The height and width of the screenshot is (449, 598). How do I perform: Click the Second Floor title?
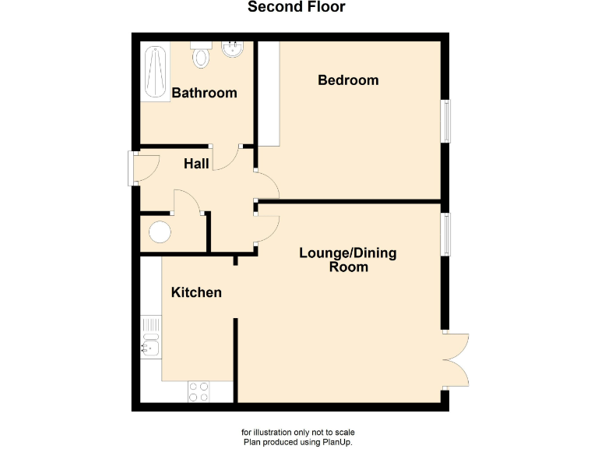click(296, 8)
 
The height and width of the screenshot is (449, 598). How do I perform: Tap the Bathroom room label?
click(204, 93)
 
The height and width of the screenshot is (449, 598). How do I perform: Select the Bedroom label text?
click(348, 80)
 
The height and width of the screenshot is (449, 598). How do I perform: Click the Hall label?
click(196, 164)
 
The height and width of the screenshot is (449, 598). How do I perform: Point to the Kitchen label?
click(196, 292)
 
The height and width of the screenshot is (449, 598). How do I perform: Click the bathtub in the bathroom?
click(155, 73)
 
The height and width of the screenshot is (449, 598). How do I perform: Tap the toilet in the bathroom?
click(202, 54)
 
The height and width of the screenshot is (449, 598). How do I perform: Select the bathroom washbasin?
click(232, 51)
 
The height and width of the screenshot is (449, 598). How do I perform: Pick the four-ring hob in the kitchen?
click(199, 391)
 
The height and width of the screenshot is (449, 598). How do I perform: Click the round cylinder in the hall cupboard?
click(160, 233)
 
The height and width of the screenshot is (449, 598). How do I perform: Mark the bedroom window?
click(446, 121)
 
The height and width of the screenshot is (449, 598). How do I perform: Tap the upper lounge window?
click(446, 233)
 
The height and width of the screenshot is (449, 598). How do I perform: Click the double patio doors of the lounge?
click(456, 359)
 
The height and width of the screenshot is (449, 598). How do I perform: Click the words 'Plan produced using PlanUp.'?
click(298, 442)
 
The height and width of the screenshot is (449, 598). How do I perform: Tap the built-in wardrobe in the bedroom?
click(269, 94)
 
